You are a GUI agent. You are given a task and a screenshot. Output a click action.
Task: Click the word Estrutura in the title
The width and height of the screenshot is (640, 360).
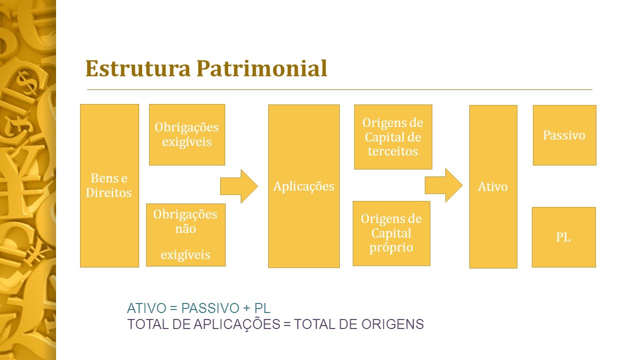[138, 68]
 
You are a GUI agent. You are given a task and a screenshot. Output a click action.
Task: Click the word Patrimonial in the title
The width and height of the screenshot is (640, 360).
[262, 68]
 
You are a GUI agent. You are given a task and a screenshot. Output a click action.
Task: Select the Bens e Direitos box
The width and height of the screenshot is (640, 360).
[110, 185]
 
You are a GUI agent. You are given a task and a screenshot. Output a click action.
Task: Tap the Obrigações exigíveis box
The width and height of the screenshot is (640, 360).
[187, 135]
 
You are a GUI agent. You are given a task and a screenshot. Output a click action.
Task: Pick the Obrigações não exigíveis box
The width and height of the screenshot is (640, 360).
[186, 235]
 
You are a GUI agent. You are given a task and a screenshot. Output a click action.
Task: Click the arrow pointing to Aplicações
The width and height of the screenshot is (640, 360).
[239, 186]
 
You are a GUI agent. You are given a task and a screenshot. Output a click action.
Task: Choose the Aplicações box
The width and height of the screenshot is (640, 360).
[304, 186]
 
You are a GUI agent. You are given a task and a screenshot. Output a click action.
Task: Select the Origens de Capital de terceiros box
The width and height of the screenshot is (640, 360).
[393, 137]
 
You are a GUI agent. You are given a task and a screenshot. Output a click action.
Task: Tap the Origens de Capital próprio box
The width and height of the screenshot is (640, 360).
[391, 233]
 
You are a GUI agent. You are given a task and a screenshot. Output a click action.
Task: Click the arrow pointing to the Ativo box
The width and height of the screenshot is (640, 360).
[443, 185]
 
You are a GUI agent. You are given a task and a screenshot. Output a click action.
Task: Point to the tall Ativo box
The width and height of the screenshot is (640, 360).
[493, 186]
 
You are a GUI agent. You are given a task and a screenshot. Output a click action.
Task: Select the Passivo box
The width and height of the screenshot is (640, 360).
[564, 135]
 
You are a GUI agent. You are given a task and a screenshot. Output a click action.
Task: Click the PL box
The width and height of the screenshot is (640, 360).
[564, 237]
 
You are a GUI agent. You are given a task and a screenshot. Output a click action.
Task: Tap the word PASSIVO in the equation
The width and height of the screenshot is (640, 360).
[210, 308]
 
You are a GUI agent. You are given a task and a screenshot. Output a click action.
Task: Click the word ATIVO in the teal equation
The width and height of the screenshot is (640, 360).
[147, 308]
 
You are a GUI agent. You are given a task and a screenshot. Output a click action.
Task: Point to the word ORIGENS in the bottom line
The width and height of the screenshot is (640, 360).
[393, 324]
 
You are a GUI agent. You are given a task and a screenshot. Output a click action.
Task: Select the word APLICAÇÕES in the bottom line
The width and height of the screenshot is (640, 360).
[237, 323]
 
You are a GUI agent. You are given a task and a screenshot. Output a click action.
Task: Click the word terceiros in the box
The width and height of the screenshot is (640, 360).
[393, 151]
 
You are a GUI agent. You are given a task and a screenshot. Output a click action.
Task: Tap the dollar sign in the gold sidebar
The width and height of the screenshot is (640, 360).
[27, 83]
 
